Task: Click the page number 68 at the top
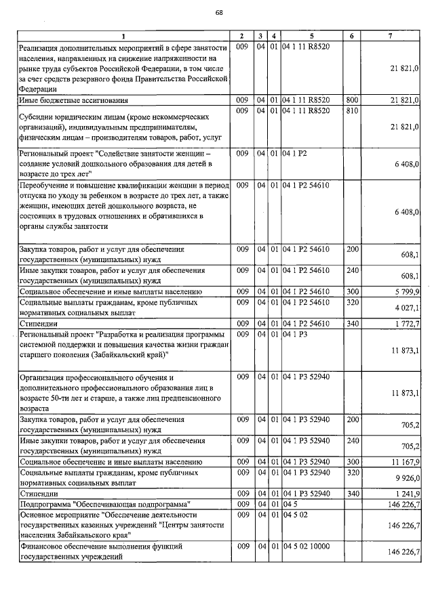(218, 12)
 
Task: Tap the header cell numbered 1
(123, 35)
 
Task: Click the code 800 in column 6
(352, 100)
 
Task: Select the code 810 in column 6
(352, 110)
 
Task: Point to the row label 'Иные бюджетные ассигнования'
(65, 100)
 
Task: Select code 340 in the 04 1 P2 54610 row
(352, 324)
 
